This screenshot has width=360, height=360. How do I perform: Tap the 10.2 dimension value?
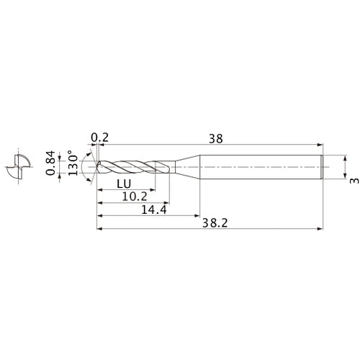(130, 196)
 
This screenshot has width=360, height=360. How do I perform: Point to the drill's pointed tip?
(95, 167)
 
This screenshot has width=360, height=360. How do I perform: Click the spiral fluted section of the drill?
(133, 167)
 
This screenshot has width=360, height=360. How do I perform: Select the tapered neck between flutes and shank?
(186, 167)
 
